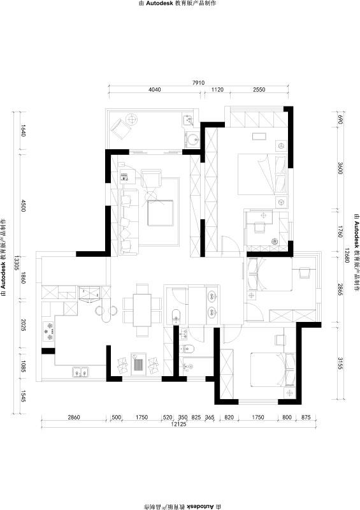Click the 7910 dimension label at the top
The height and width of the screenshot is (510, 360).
coord(198,83)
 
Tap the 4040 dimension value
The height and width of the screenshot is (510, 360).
coord(154,89)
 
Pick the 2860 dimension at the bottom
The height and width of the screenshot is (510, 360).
coord(73,417)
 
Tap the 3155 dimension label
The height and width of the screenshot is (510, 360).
coord(340,363)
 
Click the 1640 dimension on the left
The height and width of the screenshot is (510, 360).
coord(23,131)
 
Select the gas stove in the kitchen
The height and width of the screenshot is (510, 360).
coord(48,331)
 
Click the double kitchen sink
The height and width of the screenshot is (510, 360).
coord(80,372)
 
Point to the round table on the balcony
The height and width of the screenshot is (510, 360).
coord(132,119)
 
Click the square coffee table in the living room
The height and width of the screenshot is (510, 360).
coord(161,213)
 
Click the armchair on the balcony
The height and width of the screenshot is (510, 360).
coord(121,129)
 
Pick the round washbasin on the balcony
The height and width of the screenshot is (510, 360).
coord(193,140)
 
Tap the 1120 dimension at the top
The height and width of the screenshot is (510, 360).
coord(217,89)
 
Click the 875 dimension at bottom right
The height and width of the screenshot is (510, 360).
coord(306,417)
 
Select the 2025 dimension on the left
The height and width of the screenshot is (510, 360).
coord(23,325)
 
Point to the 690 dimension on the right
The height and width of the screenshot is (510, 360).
coord(340,120)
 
